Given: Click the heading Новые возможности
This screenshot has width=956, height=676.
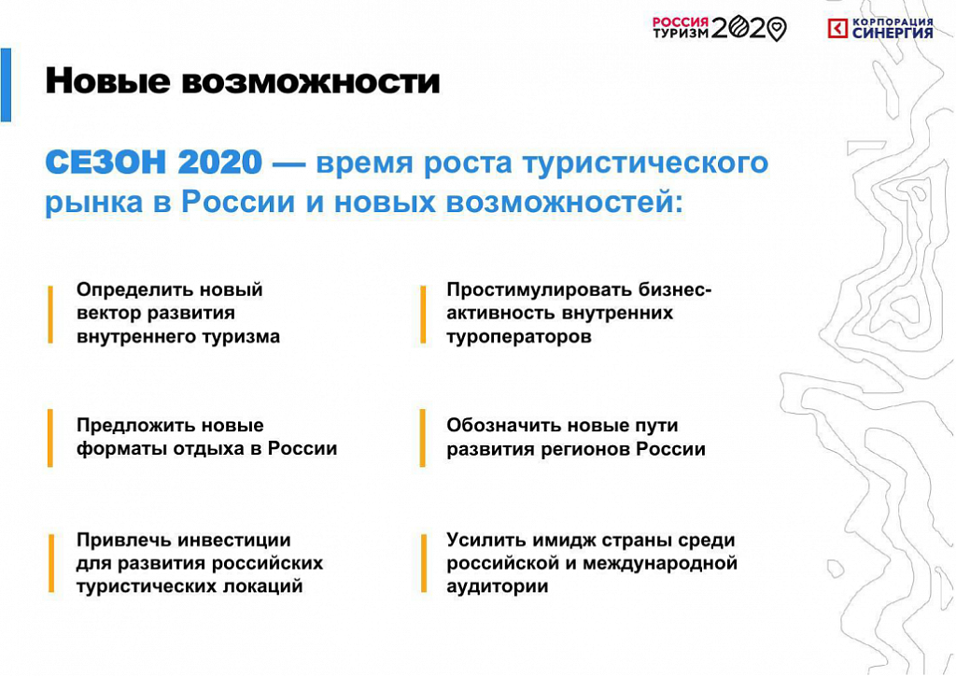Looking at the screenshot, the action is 243,81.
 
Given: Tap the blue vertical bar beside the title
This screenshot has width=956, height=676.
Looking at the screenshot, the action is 6,85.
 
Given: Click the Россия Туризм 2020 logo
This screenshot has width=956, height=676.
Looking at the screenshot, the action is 720,28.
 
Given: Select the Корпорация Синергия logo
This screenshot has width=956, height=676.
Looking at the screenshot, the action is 879,28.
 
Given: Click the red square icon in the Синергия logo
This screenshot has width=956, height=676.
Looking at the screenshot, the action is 837,28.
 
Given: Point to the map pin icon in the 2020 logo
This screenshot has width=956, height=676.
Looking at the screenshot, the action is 776,29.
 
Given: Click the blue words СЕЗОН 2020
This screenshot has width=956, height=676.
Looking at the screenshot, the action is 154,162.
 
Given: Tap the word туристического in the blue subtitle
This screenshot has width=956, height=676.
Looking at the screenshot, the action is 646,164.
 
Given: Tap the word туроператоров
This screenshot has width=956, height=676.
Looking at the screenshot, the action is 519,337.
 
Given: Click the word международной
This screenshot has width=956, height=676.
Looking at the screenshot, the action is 660,563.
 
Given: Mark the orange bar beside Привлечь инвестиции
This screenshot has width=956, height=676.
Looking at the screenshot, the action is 51,563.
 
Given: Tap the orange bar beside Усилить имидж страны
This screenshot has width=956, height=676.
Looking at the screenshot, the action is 424,563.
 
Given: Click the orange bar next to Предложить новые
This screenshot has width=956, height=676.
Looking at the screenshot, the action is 50,438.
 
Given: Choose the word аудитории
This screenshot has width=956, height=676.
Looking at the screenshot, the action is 497,587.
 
